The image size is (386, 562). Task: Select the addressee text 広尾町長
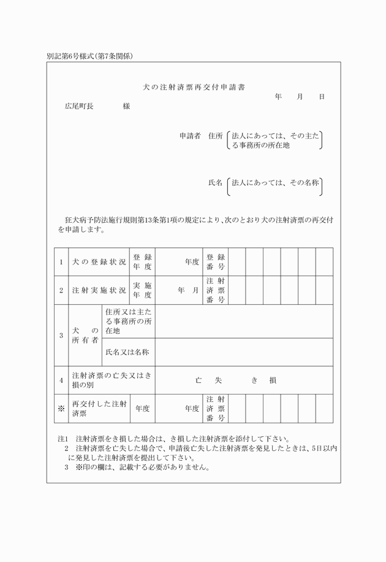pos(79,106)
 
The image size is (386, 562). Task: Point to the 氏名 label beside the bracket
pos(215,183)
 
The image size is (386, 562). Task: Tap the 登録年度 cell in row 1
pos(142,262)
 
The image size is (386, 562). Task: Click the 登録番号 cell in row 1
pos(216,262)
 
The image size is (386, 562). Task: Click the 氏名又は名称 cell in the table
pos(127,352)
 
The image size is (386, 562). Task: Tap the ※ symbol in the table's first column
pos(61,409)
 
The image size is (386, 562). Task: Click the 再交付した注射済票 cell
pos(99,409)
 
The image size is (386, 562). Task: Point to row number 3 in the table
pos(61,336)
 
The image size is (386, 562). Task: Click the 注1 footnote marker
pos(62,439)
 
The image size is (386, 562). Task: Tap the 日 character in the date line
pos(322,97)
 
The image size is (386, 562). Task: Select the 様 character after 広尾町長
pos(126,106)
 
